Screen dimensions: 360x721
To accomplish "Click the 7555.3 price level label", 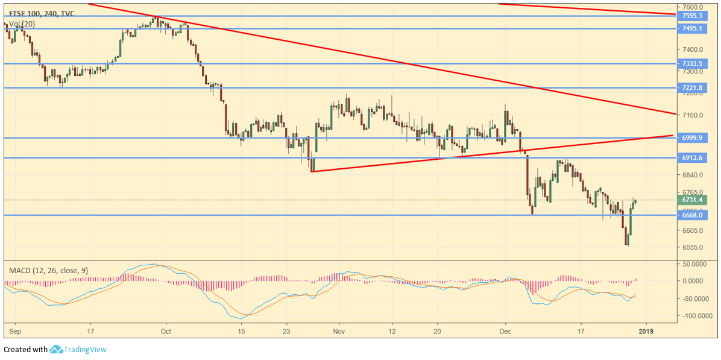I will pos(692,16).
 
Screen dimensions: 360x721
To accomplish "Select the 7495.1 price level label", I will pos(692,28).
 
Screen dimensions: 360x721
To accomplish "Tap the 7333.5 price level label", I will pos(692,63).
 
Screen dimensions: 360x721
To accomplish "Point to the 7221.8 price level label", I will pos(692,87).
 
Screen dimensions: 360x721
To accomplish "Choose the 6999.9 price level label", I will pos(692,137).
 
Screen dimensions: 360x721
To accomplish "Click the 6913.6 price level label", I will pos(692,157).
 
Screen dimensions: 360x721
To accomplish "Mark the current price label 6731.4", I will pos(692,200).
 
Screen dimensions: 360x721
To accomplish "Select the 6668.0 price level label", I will pos(692,215).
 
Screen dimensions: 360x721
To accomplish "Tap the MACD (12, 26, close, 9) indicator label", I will pos(48,271).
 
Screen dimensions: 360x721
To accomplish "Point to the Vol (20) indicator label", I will pos(22,24).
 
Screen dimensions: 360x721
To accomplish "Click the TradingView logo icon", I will pos(57,349).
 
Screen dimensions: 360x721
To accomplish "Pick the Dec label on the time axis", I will pos(505,331).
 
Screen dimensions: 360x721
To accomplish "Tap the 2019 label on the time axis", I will pos(646,331).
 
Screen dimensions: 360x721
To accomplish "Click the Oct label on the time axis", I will pos(167,331).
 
